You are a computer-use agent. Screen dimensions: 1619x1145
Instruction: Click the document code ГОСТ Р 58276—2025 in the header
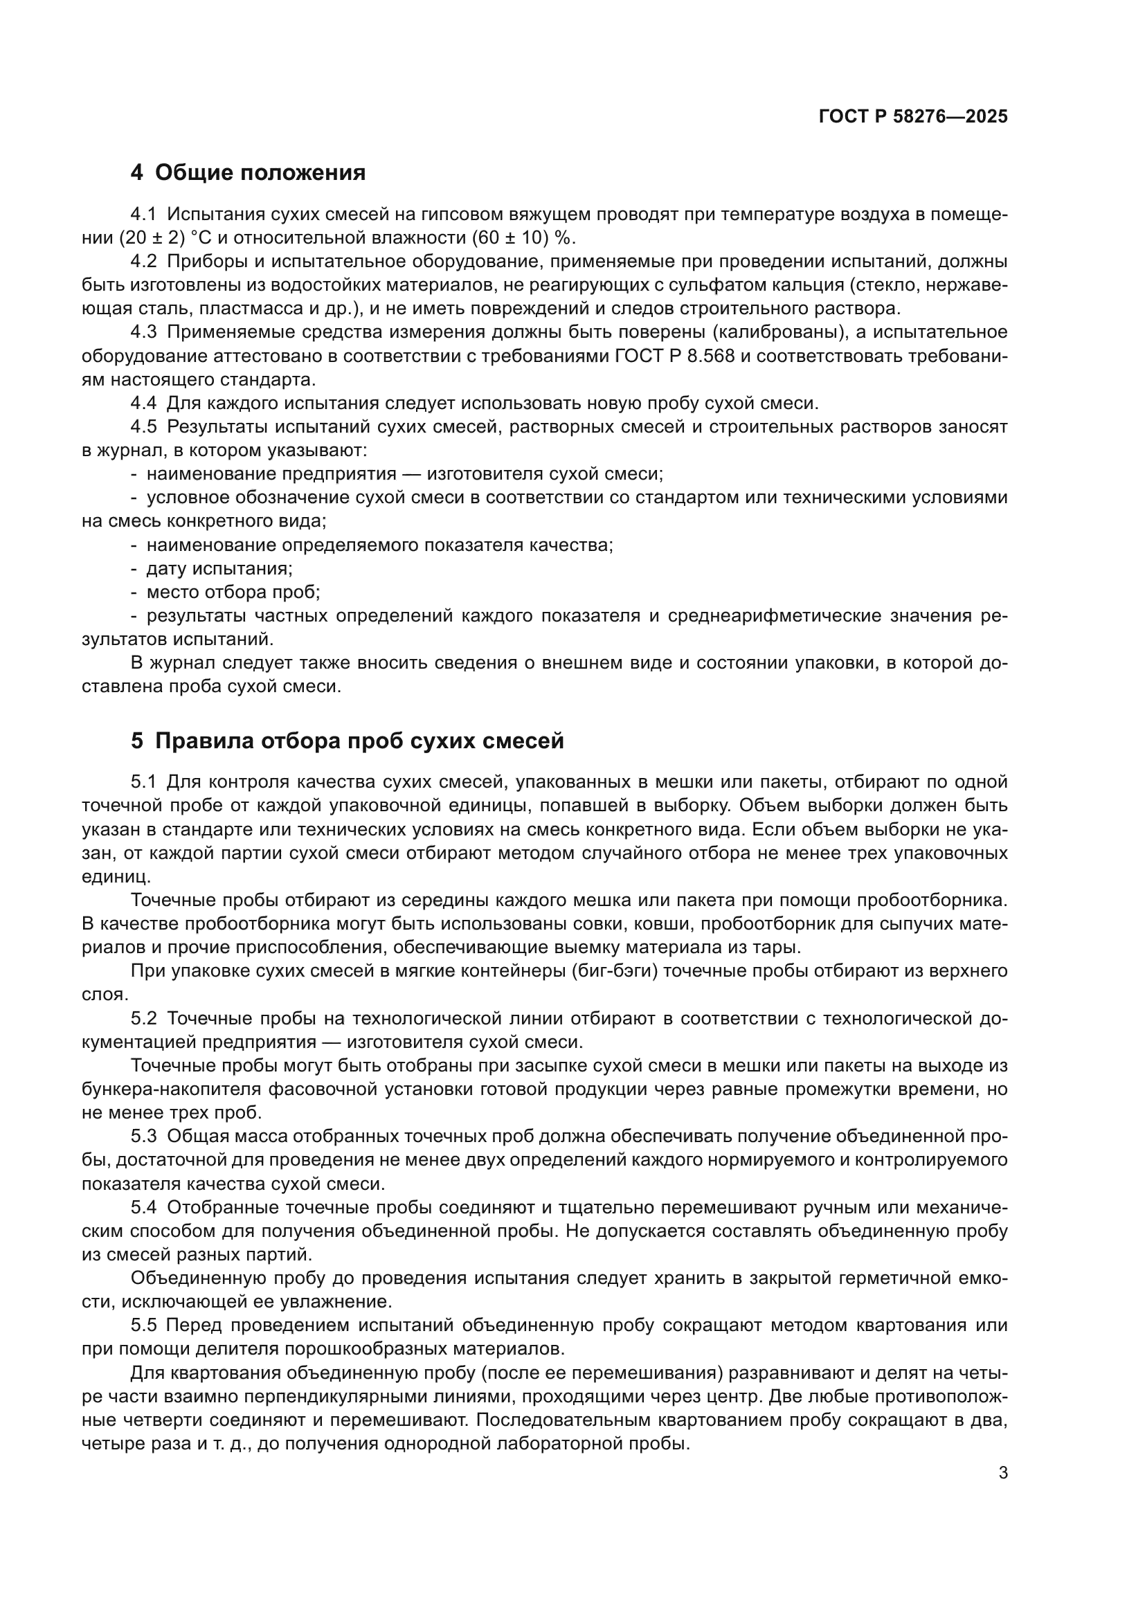(x=913, y=117)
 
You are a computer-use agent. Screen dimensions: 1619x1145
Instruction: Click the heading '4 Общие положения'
(x=249, y=173)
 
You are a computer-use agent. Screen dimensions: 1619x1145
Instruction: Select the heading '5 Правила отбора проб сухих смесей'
(x=348, y=741)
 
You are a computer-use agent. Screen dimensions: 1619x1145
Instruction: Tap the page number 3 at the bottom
(x=1003, y=1473)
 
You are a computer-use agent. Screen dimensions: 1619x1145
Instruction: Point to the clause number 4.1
(x=145, y=215)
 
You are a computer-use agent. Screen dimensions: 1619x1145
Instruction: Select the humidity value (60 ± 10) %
(x=523, y=237)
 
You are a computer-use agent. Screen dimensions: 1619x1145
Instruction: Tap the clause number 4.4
(x=145, y=404)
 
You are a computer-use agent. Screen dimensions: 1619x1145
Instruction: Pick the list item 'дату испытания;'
(x=219, y=568)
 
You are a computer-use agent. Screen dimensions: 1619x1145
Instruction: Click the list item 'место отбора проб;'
(x=233, y=593)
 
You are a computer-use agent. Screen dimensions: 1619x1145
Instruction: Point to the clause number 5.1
(x=145, y=781)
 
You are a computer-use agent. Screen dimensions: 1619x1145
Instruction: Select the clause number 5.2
(x=145, y=1018)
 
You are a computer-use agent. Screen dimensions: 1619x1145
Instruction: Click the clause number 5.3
(x=145, y=1136)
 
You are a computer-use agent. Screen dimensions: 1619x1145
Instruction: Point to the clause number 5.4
(x=145, y=1207)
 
